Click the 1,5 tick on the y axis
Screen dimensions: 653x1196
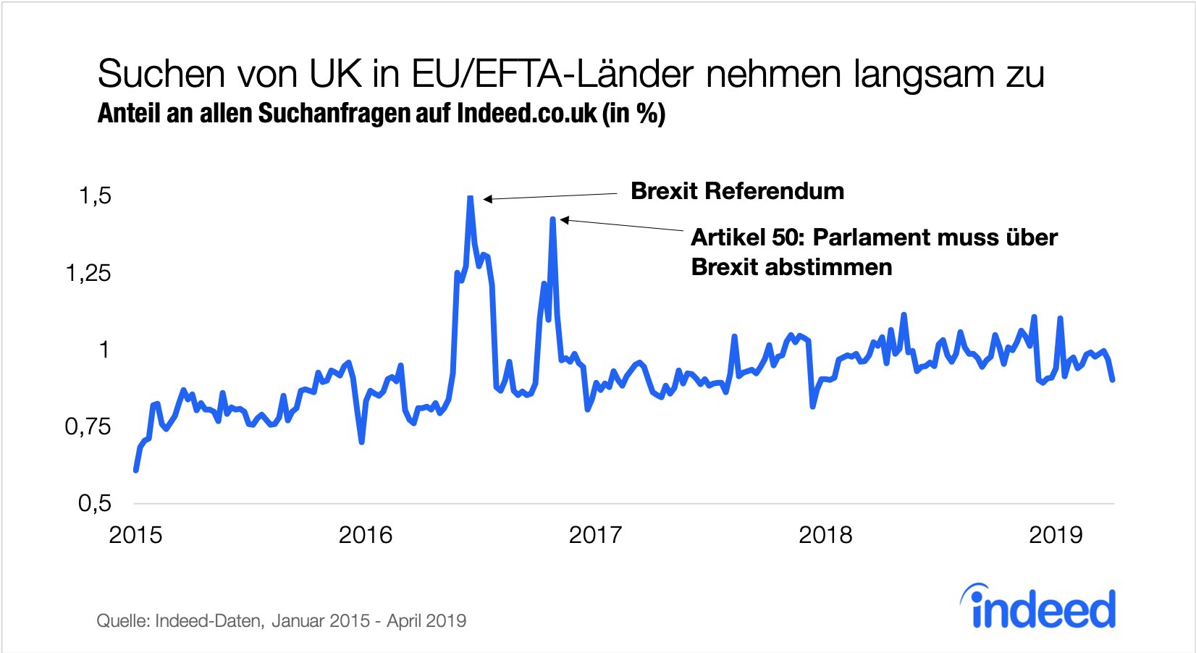coord(95,195)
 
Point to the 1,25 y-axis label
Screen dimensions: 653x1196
coord(88,273)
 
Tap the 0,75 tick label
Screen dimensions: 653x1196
coord(88,426)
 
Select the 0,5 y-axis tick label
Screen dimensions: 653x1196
coord(95,503)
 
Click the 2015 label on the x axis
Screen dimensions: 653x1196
coord(135,535)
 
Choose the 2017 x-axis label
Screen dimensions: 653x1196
coord(595,535)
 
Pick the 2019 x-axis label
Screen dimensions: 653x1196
coord(1055,535)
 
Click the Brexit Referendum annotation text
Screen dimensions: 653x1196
coord(737,191)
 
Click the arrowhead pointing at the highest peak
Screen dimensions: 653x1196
coord(487,199)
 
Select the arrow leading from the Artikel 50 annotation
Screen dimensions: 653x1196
coord(623,225)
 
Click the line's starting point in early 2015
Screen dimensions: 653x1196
coord(136,470)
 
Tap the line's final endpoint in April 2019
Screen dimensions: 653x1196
coord(1113,379)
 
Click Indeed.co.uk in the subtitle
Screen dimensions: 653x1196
coord(527,114)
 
